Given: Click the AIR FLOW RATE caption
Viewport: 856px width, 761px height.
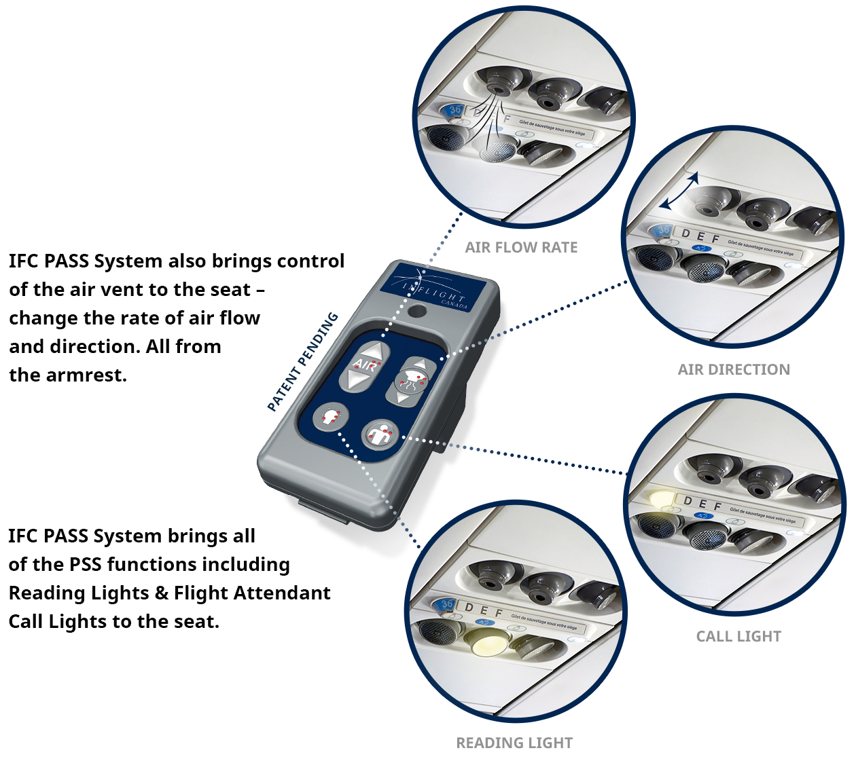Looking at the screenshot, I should [x=521, y=248].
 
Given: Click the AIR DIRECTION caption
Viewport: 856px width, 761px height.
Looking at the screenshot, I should [x=734, y=370].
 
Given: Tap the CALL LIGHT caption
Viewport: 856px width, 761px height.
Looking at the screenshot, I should [x=738, y=637].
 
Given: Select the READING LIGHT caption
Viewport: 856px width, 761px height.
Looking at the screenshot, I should [x=514, y=743].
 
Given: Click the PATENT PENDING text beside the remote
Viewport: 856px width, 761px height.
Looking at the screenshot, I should [x=302, y=362].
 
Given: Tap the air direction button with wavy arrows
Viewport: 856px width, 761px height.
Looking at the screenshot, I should [x=411, y=381].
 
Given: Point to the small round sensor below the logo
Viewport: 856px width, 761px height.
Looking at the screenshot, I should [x=416, y=312].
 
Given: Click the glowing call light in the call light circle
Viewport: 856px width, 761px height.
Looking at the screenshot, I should [x=660, y=499].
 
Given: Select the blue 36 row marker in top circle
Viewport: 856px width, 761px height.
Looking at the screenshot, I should [x=454, y=109].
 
